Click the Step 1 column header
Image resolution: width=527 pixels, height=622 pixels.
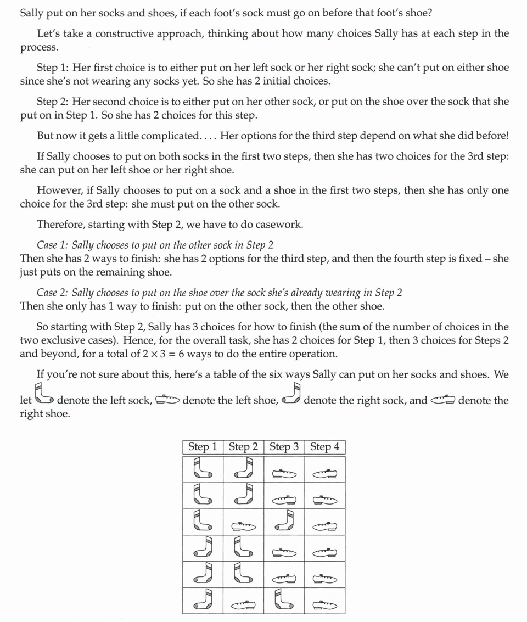[203, 447]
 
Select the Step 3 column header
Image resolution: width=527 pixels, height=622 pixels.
[284, 447]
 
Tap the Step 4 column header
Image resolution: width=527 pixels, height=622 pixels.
[324, 447]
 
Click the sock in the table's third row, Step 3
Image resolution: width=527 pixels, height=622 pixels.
[284, 522]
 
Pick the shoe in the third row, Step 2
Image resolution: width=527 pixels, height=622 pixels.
[243, 526]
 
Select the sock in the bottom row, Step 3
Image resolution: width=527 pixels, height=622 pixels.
[284, 601]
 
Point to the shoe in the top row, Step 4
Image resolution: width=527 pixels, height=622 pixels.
[324, 474]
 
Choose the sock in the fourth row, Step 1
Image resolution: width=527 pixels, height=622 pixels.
[203, 548]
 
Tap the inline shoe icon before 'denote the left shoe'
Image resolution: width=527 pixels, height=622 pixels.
[167, 400]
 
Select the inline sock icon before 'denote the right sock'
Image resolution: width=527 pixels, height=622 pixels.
[291, 395]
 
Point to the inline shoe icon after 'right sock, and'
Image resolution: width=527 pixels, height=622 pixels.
[443, 400]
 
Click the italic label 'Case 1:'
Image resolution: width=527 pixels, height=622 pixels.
[52, 245]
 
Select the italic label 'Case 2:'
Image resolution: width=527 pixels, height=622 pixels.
[52, 293]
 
